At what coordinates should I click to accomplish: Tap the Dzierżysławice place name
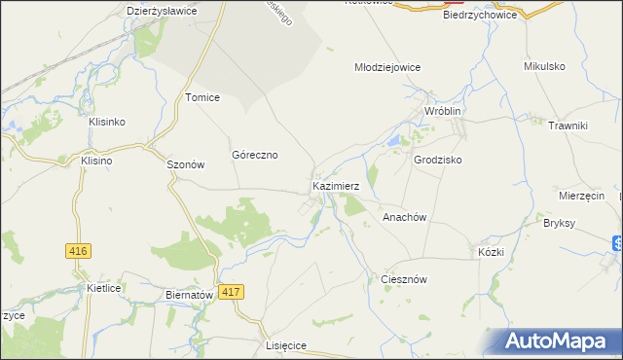click(x=163, y=11)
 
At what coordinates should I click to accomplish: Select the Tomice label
click(x=202, y=97)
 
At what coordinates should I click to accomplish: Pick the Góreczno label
click(x=255, y=155)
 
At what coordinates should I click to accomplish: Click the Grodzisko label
click(x=438, y=159)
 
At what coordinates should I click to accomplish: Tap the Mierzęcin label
click(x=583, y=195)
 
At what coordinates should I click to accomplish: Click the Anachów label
click(x=406, y=218)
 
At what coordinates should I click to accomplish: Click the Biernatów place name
click(x=189, y=295)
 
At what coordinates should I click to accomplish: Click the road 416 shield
click(x=79, y=251)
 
